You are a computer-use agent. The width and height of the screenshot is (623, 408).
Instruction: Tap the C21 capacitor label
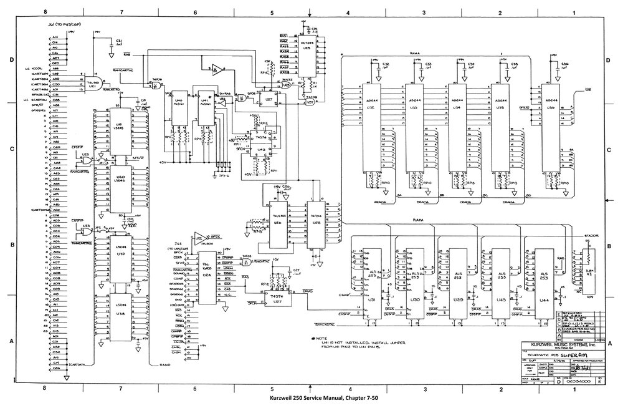tap(119, 41)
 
